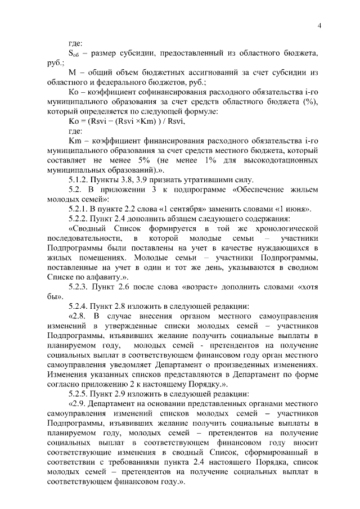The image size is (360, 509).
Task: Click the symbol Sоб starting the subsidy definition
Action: [x=74, y=53]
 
